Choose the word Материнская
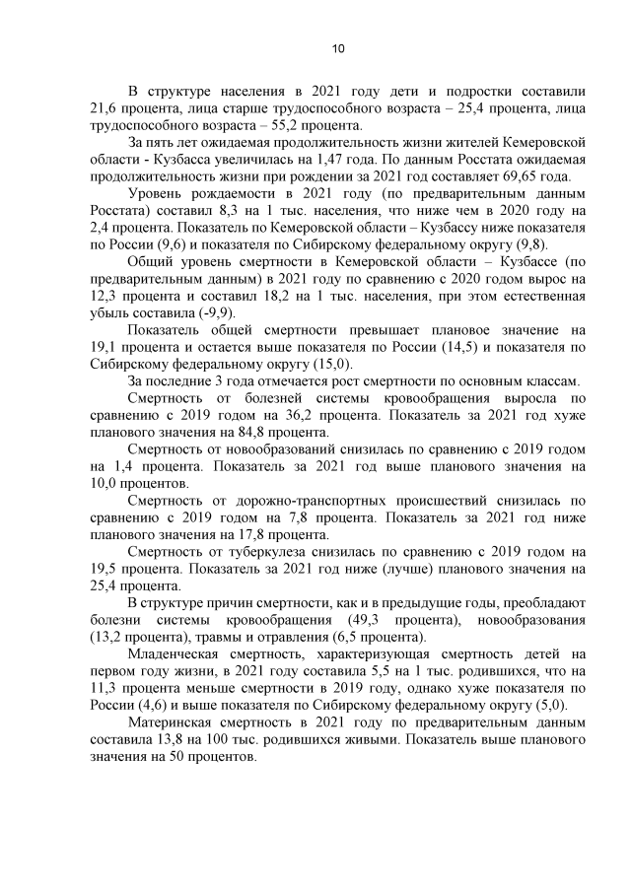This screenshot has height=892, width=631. [178, 723]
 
